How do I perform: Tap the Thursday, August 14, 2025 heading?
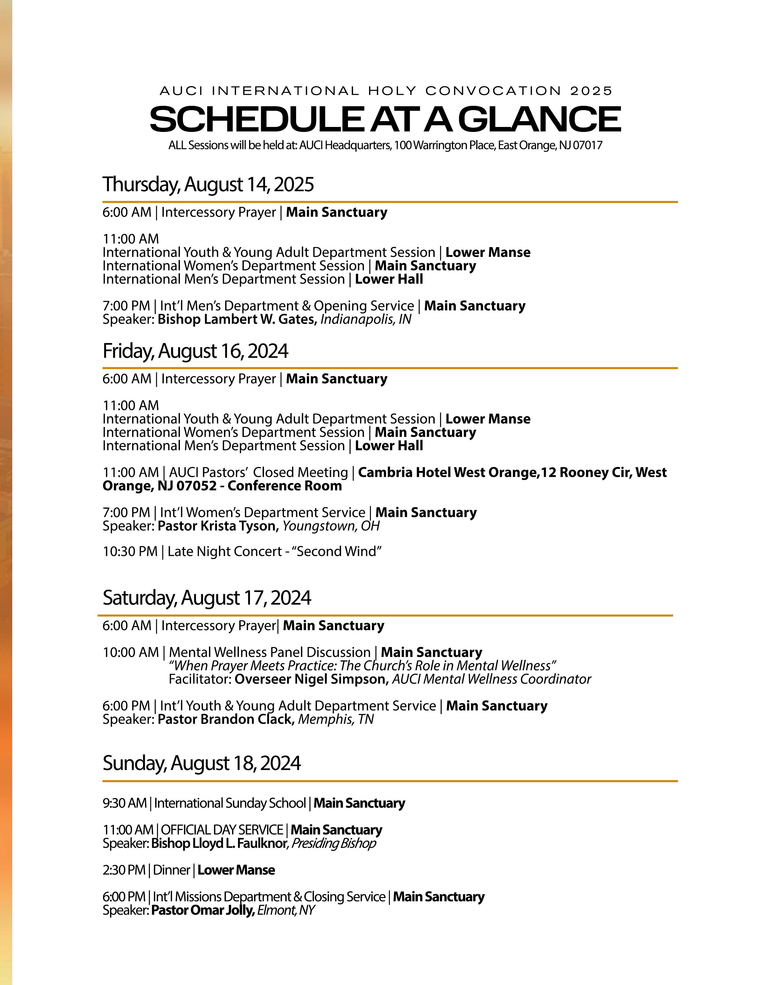tap(208, 184)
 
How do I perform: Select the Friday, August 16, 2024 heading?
tap(195, 351)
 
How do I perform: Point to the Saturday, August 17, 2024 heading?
tap(207, 598)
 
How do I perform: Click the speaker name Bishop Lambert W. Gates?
tap(237, 319)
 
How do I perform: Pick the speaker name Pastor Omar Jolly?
tap(203, 911)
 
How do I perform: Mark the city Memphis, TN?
tap(336, 719)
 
